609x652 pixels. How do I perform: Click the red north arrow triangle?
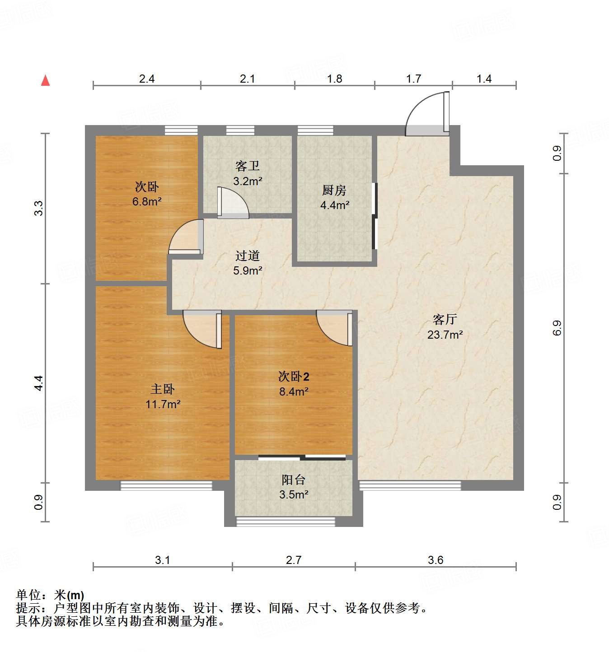click(45, 81)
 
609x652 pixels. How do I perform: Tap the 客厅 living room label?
click(445, 320)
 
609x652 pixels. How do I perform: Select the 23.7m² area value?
click(445, 335)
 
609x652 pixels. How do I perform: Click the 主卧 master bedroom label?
click(163, 389)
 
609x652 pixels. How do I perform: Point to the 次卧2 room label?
click(294, 376)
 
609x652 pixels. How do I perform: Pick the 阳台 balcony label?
click(294, 480)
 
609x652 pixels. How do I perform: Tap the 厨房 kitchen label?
click(334, 190)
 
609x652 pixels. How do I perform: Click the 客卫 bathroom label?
click(248, 166)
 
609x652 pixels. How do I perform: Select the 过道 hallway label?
click(248, 256)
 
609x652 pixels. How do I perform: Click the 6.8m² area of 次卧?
click(147, 201)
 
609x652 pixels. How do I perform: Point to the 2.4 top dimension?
click(147, 79)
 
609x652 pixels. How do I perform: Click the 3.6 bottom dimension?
click(436, 560)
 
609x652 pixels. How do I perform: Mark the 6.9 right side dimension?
click(557, 328)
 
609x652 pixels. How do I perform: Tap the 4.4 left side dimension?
click(39, 383)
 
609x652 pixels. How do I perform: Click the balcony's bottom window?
click(286, 522)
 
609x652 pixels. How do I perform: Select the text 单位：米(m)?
click(50, 595)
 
